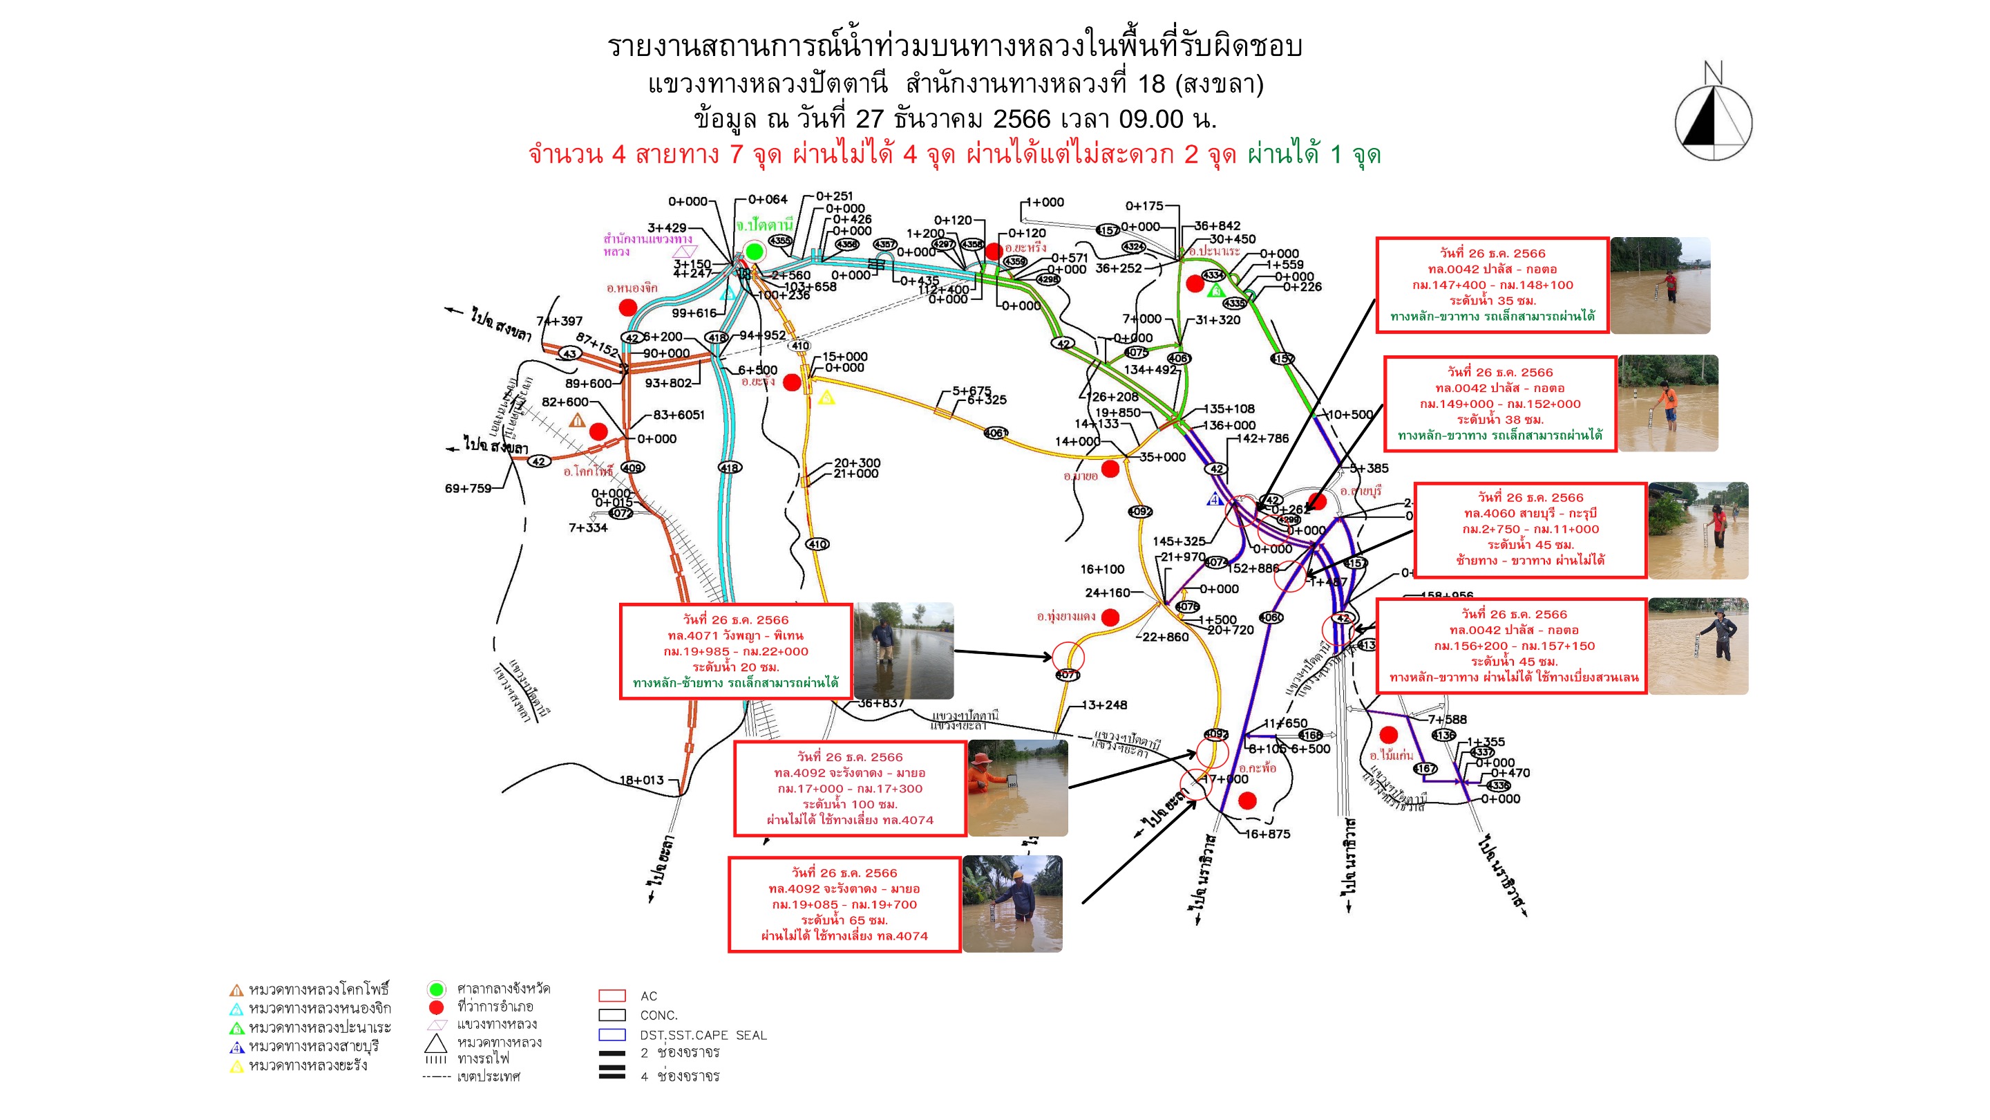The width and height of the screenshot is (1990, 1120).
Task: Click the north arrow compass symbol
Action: (1713, 117)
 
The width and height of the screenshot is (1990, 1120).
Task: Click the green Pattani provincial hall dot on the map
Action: (755, 250)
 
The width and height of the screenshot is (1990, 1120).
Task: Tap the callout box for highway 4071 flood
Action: (735, 651)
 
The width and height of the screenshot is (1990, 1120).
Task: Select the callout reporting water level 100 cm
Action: (850, 788)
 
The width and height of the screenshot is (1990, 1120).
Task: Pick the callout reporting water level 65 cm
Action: (844, 904)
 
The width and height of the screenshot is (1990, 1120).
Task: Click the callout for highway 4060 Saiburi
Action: (1531, 530)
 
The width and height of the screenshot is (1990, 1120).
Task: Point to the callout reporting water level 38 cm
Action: (1499, 404)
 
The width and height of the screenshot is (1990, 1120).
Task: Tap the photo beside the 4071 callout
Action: (903, 651)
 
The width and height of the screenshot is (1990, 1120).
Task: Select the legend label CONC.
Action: (659, 1016)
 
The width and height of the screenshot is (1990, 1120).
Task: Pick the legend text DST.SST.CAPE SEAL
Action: (703, 1035)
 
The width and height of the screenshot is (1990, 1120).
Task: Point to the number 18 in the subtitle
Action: (1151, 84)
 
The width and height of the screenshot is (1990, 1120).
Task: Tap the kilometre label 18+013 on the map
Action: (641, 780)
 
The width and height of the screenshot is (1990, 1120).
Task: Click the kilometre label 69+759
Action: (468, 489)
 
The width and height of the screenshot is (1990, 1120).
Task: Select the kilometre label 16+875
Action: (1268, 834)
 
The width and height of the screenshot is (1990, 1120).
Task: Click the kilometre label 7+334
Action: (588, 528)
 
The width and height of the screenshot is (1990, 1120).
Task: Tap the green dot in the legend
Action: (437, 989)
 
